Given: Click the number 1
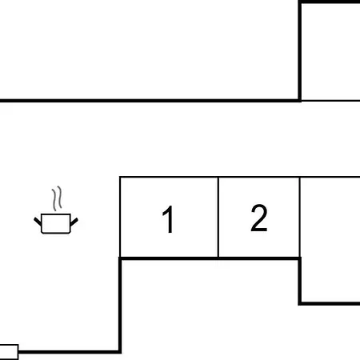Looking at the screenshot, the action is click(x=169, y=219).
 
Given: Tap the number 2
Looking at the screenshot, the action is click(x=259, y=218).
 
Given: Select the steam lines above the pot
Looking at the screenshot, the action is click(x=57, y=198).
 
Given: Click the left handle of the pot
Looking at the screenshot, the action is click(x=38, y=222).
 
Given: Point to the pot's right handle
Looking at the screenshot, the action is click(x=74, y=222).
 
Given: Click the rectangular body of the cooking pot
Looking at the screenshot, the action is click(x=56, y=223).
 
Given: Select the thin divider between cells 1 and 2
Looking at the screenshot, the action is click(x=218, y=218).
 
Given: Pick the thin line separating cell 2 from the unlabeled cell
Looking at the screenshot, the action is click(x=300, y=218).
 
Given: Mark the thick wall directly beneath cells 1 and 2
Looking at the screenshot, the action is click(x=210, y=258).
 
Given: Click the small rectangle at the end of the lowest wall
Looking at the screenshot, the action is click(x=9, y=352).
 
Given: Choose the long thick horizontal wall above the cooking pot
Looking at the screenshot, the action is click(x=150, y=101).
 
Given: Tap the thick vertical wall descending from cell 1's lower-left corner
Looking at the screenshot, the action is click(x=120, y=306).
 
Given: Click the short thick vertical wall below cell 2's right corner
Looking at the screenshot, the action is click(x=300, y=281).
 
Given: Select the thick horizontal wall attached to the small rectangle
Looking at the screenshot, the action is click(x=70, y=352).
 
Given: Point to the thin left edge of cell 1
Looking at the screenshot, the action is click(x=120, y=217).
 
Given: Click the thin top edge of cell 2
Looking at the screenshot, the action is click(x=259, y=177).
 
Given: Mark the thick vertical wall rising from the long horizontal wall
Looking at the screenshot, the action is click(x=300, y=51).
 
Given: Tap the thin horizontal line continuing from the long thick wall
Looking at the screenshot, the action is click(x=330, y=101).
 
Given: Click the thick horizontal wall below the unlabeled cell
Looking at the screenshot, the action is click(x=329, y=303).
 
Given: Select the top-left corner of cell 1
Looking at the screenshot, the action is click(x=120, y=177).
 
